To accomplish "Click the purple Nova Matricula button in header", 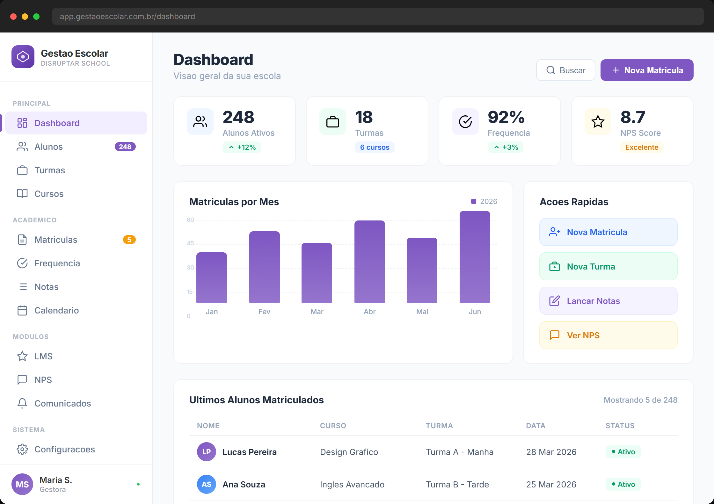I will [647, 70].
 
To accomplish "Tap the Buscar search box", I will [565, 70].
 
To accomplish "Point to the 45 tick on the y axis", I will [190, 243].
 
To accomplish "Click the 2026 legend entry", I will [484, 201].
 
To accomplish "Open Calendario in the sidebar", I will [56, 310].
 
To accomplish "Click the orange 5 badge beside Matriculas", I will [129, 240].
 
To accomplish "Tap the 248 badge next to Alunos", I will [125, 147].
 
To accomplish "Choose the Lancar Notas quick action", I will [608, 301].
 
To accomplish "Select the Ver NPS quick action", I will [608, 335].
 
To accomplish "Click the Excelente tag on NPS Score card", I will [641, 147].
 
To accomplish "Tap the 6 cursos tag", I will [375, 147].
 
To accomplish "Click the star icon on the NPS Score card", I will [598, 121].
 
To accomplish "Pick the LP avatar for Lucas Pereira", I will [206, 452].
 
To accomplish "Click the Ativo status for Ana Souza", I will [623, 484].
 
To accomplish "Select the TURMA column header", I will [439, 426].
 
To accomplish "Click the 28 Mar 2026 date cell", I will [551, 452].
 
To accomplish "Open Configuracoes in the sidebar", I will [64, 449].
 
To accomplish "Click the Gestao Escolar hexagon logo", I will [23, 57].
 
